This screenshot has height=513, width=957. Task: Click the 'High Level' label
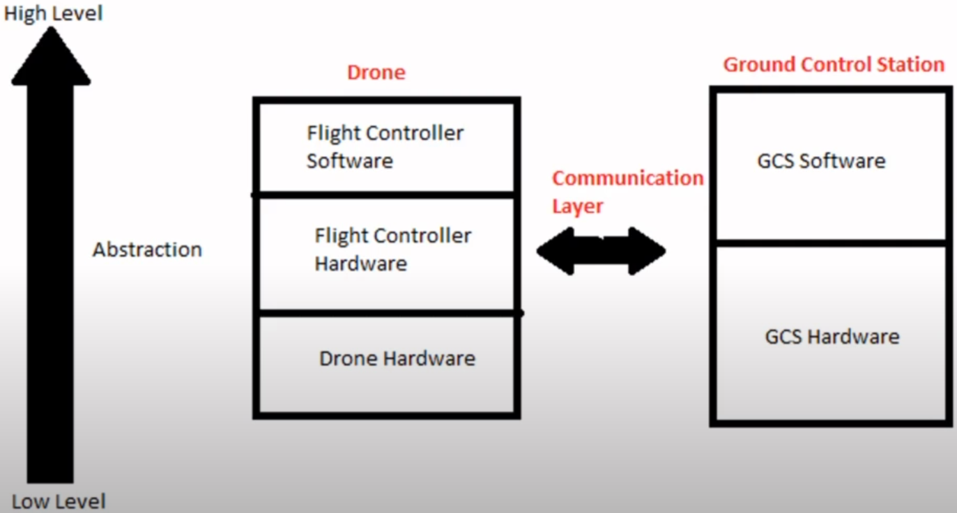click(x=54, y=14)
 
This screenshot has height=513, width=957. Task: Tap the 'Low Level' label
click(x=59, y=501)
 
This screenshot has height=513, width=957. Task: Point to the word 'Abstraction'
click(x=147, y=250)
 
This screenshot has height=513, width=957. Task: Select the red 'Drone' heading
click(x=376, y=72)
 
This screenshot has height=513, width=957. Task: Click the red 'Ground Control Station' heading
click(x=834, y=65)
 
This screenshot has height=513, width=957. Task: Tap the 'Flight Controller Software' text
click(x=385, y=146)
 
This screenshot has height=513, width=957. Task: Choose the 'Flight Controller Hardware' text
click(x=393, y=250)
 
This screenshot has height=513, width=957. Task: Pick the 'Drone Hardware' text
click(x=397, y=358)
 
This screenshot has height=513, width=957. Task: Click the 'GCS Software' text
click(x=822, y=161)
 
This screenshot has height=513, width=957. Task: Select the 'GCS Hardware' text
click(x=832, y=337)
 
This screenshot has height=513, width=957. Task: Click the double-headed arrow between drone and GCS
click(x=601, y=251)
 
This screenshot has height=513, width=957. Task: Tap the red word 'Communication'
click(x=628, y=178)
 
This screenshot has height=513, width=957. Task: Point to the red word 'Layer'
click(x=578, y=207)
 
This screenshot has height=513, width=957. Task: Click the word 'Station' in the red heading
click(x=910, y=65)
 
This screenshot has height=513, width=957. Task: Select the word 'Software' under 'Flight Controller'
click(x=350, y=161)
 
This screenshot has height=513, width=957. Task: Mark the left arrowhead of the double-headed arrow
click(x=556, y=251)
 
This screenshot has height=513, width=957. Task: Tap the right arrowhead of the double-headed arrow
click(x=648, y=251)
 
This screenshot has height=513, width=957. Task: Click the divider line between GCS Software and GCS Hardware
click(x=831, y=243)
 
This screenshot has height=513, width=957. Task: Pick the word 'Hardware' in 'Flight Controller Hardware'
click(x=361, y=263)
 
